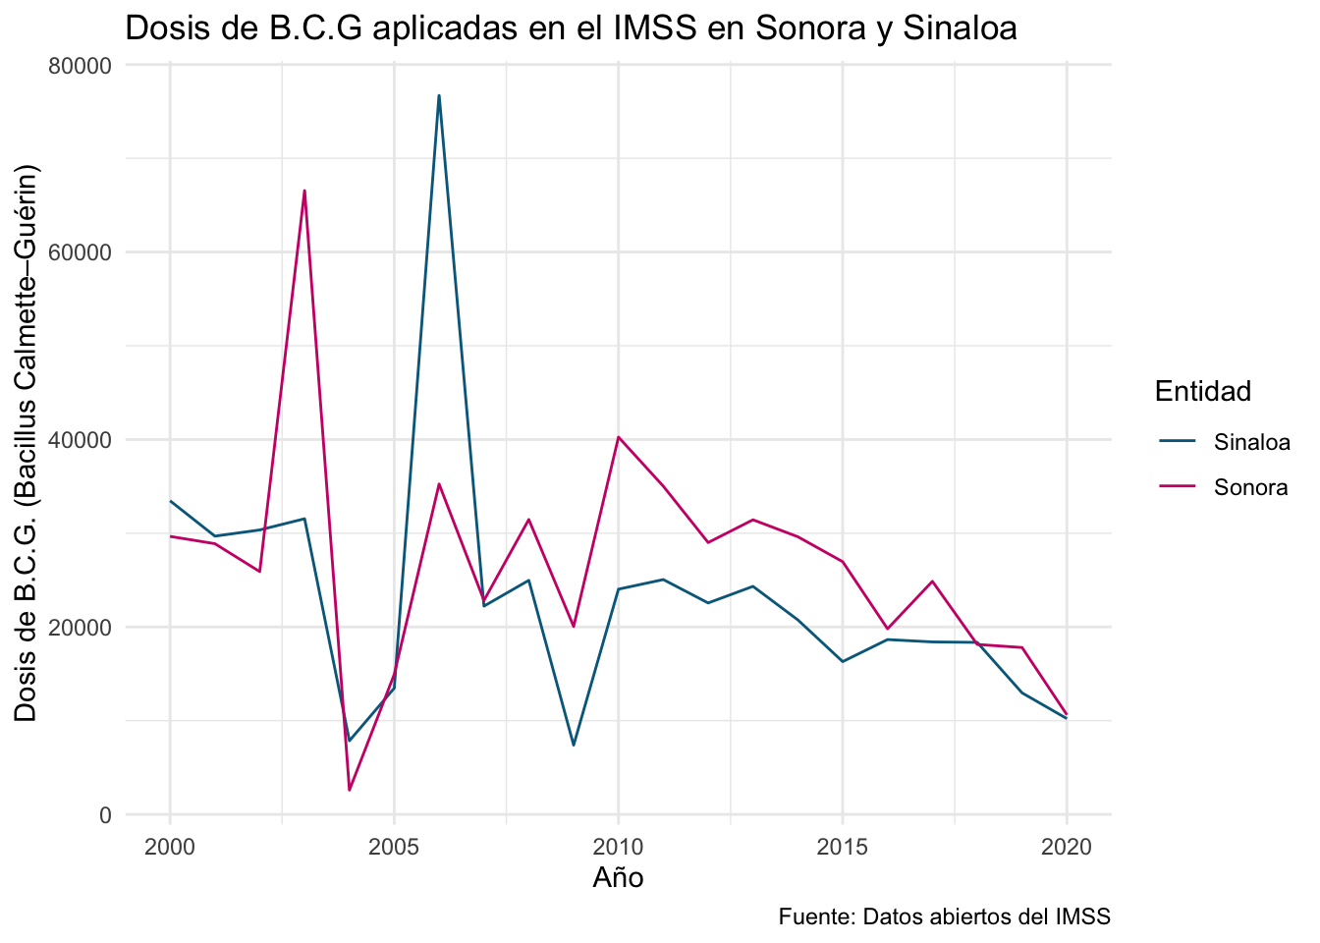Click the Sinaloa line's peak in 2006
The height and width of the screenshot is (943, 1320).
[439, 95]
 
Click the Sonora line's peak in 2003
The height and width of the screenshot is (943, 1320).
[304, 191]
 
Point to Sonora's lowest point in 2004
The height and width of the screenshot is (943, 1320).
[350, 790]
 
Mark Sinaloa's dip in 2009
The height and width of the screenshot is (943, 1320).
[574, 746]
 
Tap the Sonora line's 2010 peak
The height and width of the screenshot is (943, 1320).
[618, 437]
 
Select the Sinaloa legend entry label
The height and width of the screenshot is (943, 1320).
[1251, 442]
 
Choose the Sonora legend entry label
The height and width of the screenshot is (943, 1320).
[1250, 487]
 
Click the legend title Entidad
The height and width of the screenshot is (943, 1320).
[1203, 391]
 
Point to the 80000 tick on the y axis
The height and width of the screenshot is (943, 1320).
[81, 65]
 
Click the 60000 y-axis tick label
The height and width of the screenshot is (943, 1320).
[81, 252]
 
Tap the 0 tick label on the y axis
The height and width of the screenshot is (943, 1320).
[105, 815]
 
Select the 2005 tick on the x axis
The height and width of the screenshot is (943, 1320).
[394, 847]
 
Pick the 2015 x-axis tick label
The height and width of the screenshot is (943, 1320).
[843, 847]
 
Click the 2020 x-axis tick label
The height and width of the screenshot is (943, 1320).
[1067, 847]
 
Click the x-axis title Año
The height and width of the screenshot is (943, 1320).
[618, 877]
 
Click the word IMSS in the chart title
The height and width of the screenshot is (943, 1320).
[655, 28]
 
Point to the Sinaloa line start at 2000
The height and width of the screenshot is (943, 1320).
[170, 501]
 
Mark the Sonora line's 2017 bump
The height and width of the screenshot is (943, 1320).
[932, 582]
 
